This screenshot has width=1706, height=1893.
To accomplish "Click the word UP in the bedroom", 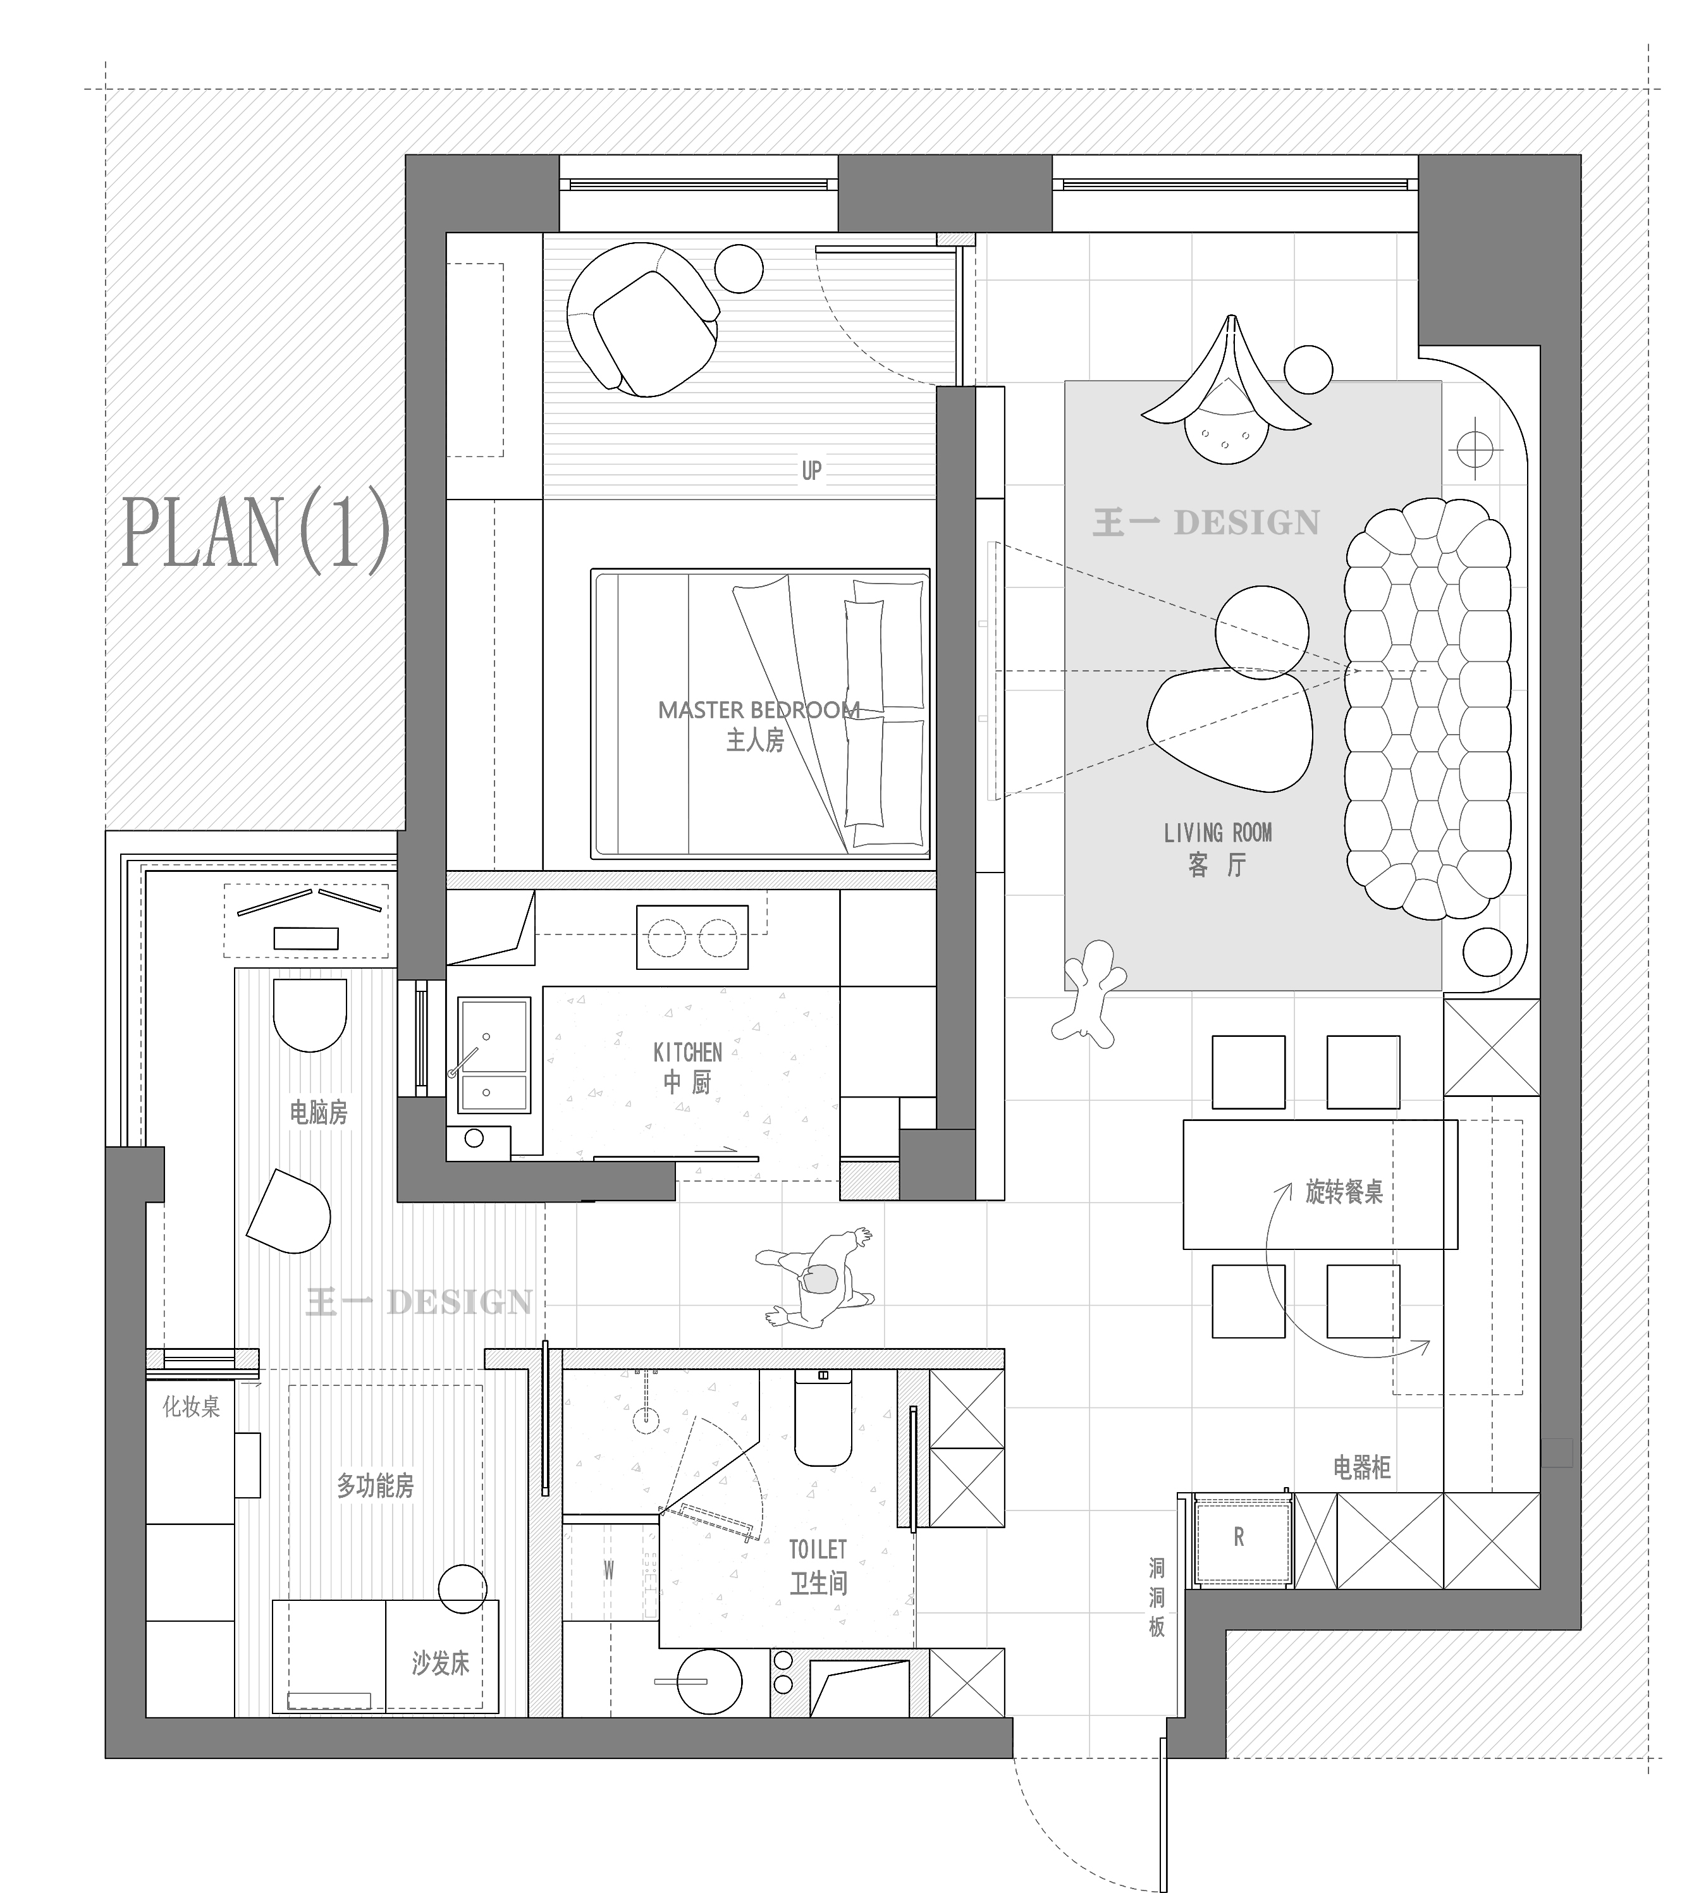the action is pyautogui.click(x=812, y=470).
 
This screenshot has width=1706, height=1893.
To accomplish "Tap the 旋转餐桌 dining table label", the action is pyautogui.click(x=1344, y=1192).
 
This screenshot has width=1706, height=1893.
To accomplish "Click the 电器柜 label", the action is pyautogui.click(x=1362, y=1467).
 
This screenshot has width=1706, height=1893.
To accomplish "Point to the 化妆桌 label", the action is pyautogui.click(x=191, y=1406).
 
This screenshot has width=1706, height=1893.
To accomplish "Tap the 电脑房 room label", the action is pyautogui.click(x=319, y=1112).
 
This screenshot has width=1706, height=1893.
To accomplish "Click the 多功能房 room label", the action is pyautogui.click(x=375, y=1485).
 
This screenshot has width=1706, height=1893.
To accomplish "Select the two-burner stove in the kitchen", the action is pyautogui.click(x=692, y=936).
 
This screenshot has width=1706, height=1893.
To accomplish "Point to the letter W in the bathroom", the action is pyautogui.click(x=608, y=1570).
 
